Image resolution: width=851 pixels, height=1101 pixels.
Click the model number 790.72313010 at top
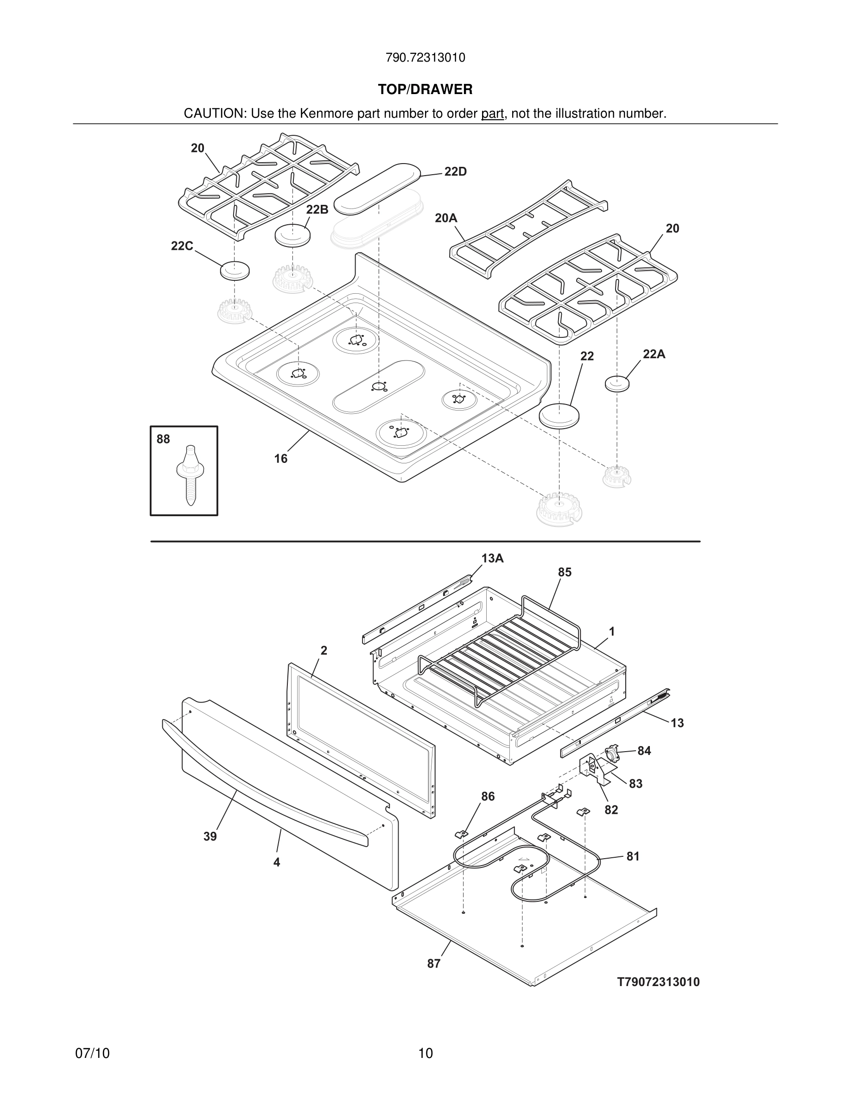(x=425, y=58)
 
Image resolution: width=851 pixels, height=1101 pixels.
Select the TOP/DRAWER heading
(x=425, y=90)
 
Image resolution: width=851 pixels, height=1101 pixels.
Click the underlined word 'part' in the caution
(x=492, y=114)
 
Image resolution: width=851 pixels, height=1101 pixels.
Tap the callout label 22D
(x=455, y=172)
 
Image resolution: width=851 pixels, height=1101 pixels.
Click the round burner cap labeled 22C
(x=235, y=270)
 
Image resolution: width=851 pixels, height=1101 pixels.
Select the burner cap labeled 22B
(x=292, y=235)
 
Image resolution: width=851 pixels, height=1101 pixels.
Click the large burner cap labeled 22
(x=559, y=415)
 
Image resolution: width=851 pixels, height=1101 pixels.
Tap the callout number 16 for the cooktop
(x=281, y=458)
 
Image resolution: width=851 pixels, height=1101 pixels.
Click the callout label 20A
(x=446, y=218)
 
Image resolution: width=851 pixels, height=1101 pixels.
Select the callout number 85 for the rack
(x=565, y=572)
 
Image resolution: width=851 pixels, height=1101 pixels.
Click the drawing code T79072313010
(x=659, y=982)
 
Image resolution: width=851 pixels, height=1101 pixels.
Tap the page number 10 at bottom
(x=425, y=1054)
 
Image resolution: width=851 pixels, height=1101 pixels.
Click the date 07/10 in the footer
(x=92, y=1054)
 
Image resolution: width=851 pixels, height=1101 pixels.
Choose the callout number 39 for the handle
(x=210, y=837)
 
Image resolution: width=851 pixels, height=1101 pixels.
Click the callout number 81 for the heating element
(x=633, y=856)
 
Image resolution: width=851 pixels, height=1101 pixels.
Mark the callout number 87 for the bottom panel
(x=433, y=963)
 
